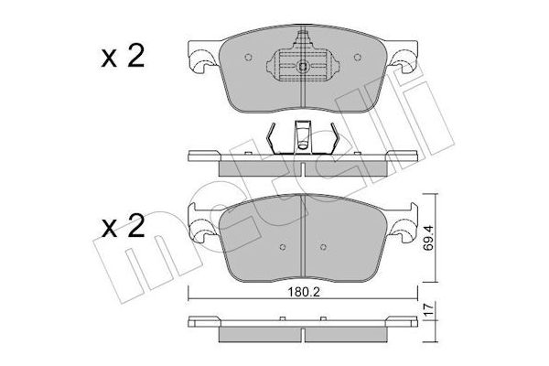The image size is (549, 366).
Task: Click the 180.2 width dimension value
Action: coord(303,292)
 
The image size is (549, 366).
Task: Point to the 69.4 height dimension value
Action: coord(428,238)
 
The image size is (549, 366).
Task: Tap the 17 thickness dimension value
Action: coord(428,309)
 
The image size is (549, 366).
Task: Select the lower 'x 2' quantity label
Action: coord(123,226)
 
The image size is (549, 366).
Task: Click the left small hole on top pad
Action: coord(248,57)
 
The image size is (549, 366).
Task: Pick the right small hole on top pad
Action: coord(358,57)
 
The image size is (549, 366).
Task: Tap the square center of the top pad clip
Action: coord(303,67)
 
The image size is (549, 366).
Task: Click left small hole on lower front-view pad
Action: coord(283,247)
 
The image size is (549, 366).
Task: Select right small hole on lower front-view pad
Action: coord(323,247)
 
